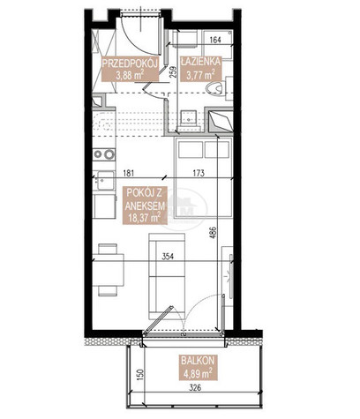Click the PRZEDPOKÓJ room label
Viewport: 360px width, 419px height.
pyautogui.click(x=130, y=64)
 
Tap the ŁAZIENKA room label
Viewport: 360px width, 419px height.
pyautogui.click(x=200, y=62)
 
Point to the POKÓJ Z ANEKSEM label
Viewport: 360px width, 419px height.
pyautogui.click(x=144, y=199)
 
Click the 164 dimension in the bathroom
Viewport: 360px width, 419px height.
pyautogui.click(x=215, y=40)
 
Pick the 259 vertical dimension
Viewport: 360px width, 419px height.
pyautogui.click(x=173, y=72)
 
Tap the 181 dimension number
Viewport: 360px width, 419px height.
pyautogui.click(x=128, y=173)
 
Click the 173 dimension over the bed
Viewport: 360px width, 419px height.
pyautogui.click(x=199, y=173)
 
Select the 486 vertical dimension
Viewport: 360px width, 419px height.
pyautogui.click(x=214, y=233)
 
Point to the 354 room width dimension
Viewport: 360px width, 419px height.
pyautogui.click(x=168, y=257)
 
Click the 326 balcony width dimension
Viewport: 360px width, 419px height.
pyautogui.click(x=195, y=388)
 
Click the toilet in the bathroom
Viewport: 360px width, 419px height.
pyautogui.click(x=219, y=87)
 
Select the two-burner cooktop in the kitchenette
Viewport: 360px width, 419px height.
pyautogui.click(x=103, y=154)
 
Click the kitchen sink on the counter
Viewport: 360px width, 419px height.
pyautogui.click(x=105, y=180)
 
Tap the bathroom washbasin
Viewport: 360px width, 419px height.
pyautogui.click(x=188, y=118)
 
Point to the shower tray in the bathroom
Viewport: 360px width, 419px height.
pyautogui.click(x=221, y=120)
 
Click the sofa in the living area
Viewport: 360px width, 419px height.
pyautogui.click(x=167, y=276)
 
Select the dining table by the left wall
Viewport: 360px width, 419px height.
pyautogui.click(x=108, y=270)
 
